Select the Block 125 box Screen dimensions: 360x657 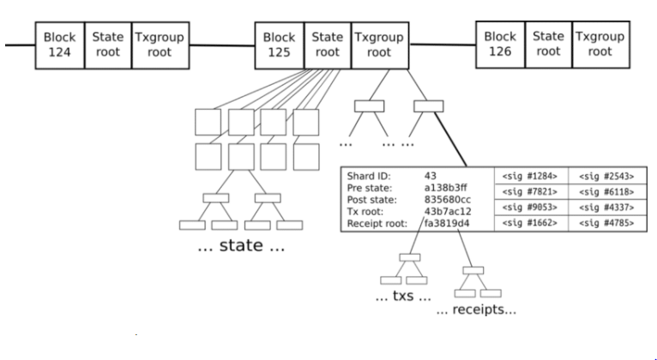click(x=280, y=44)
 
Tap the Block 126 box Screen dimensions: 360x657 click(x=500, y=44)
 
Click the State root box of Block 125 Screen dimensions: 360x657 click(x=327, y=44)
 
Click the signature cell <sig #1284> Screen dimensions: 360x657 click(x=524, y=175)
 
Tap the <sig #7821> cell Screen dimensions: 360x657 click(x=524, y=190)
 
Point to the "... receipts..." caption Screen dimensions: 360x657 click(x=476, y=309)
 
